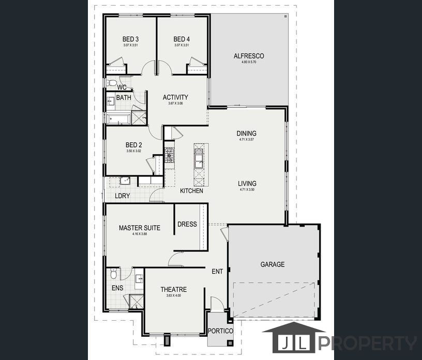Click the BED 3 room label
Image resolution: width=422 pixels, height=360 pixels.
(130, 39)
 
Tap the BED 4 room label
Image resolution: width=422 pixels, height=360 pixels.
(182, 39)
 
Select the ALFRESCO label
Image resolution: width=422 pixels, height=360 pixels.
(249, 56)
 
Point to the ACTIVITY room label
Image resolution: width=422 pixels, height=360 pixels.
(175, 97)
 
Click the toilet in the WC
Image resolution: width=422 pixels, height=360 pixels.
(112, 83)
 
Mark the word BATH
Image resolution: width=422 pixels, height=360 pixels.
(124, 98)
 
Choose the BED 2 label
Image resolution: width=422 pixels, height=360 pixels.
(134, 145)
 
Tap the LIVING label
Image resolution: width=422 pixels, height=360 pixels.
(247, 184)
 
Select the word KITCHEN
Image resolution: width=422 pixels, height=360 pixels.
(191, 191)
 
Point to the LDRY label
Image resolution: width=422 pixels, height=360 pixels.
(123, 196)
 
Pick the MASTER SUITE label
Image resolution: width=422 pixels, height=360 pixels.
(139, 228)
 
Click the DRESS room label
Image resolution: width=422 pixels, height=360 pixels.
(187, 224)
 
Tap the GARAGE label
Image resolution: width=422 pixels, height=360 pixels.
(272, 264)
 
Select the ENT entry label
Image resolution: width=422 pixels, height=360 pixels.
(217, 271)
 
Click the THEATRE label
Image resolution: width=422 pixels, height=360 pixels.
(173, 290)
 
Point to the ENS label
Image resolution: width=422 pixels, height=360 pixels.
(117, 288)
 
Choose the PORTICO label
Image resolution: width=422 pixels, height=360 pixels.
(220, 331)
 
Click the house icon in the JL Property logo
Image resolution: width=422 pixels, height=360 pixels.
(294, 339)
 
